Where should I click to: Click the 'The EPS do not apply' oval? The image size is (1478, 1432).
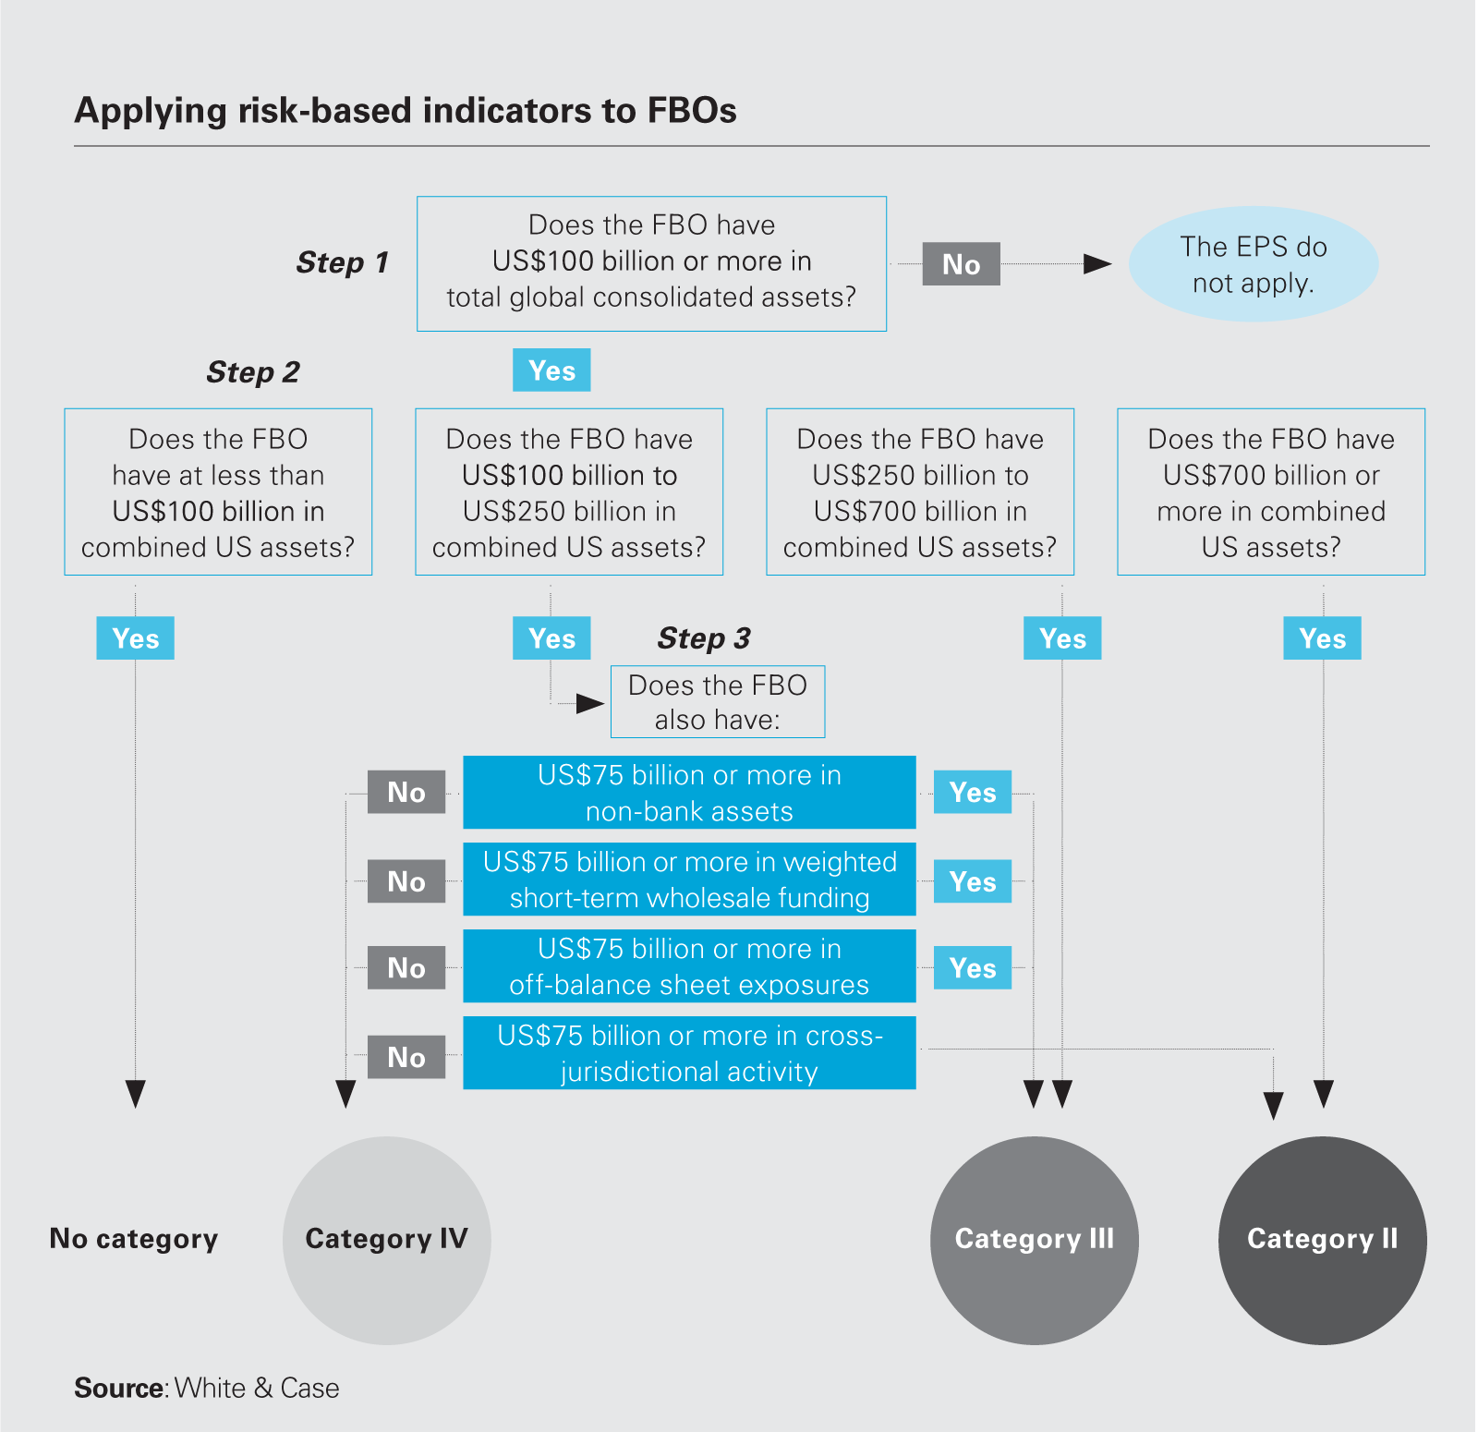coord(1253,264)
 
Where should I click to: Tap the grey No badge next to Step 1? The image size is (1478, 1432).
coord(961,264)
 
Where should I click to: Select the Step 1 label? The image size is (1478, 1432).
coord(342,262)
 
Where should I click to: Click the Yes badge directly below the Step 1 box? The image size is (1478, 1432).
coord(551,370)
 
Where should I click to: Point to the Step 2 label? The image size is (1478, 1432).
coord(253,372)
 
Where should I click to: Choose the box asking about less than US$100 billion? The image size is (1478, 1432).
coord(218,491)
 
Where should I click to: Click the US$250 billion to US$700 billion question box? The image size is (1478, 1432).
coord(920,491)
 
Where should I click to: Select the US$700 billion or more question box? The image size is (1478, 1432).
coord(1271,491)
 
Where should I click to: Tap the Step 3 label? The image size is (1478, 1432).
coord(704,638)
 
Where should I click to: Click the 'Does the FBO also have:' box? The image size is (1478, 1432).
coord(718,702)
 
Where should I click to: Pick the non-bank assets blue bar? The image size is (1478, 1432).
coord(689,793)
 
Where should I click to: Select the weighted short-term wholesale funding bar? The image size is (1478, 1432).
coord(689,880)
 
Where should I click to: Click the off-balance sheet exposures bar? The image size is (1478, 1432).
coord(689,966)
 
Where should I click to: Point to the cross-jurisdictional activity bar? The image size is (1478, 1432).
coord(689,1053)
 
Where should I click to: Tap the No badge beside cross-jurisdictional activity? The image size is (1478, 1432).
coord(406,1057)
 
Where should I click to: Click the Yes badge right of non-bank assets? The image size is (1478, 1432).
coord(973,793)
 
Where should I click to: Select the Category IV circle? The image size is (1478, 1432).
coord(387,1240)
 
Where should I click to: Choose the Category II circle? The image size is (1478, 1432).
coord(1323,1240)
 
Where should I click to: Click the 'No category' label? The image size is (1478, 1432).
coord(134,1239)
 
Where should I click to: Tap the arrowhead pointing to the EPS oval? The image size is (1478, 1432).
coord(1096,264)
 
